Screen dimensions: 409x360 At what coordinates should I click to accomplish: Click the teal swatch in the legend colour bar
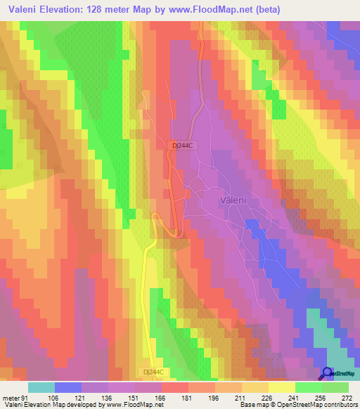pos(41,387)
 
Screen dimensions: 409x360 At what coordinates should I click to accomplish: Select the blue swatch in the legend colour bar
pos(68,387)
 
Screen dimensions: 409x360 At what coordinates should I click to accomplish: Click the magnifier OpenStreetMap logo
pos(328,372)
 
